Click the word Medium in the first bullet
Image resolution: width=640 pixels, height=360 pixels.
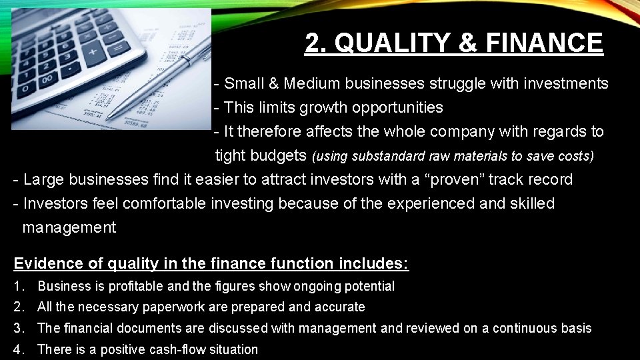click(311, 84)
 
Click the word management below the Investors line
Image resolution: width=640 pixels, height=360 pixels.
click(69, 228)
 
